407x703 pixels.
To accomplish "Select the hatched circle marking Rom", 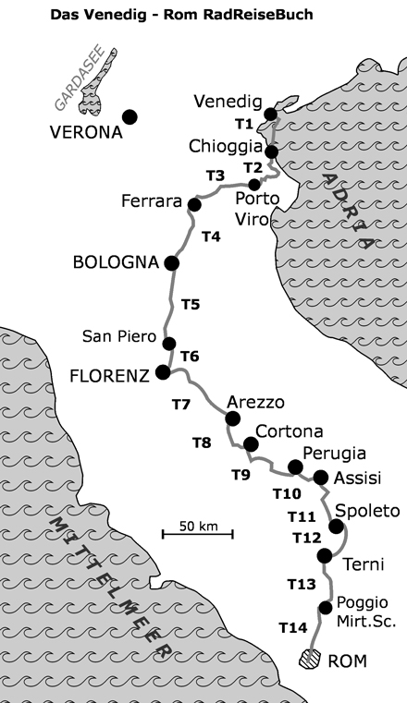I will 313,660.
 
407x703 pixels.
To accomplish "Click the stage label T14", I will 292,628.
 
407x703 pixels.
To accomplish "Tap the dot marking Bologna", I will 171,263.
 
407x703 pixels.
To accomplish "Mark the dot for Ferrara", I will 194,204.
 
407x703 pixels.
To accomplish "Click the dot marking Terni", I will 325,555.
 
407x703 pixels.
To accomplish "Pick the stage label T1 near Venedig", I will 244,124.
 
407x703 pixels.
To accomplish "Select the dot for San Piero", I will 169,344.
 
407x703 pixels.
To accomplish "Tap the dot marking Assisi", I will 321,478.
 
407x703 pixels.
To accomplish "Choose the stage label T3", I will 216,175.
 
